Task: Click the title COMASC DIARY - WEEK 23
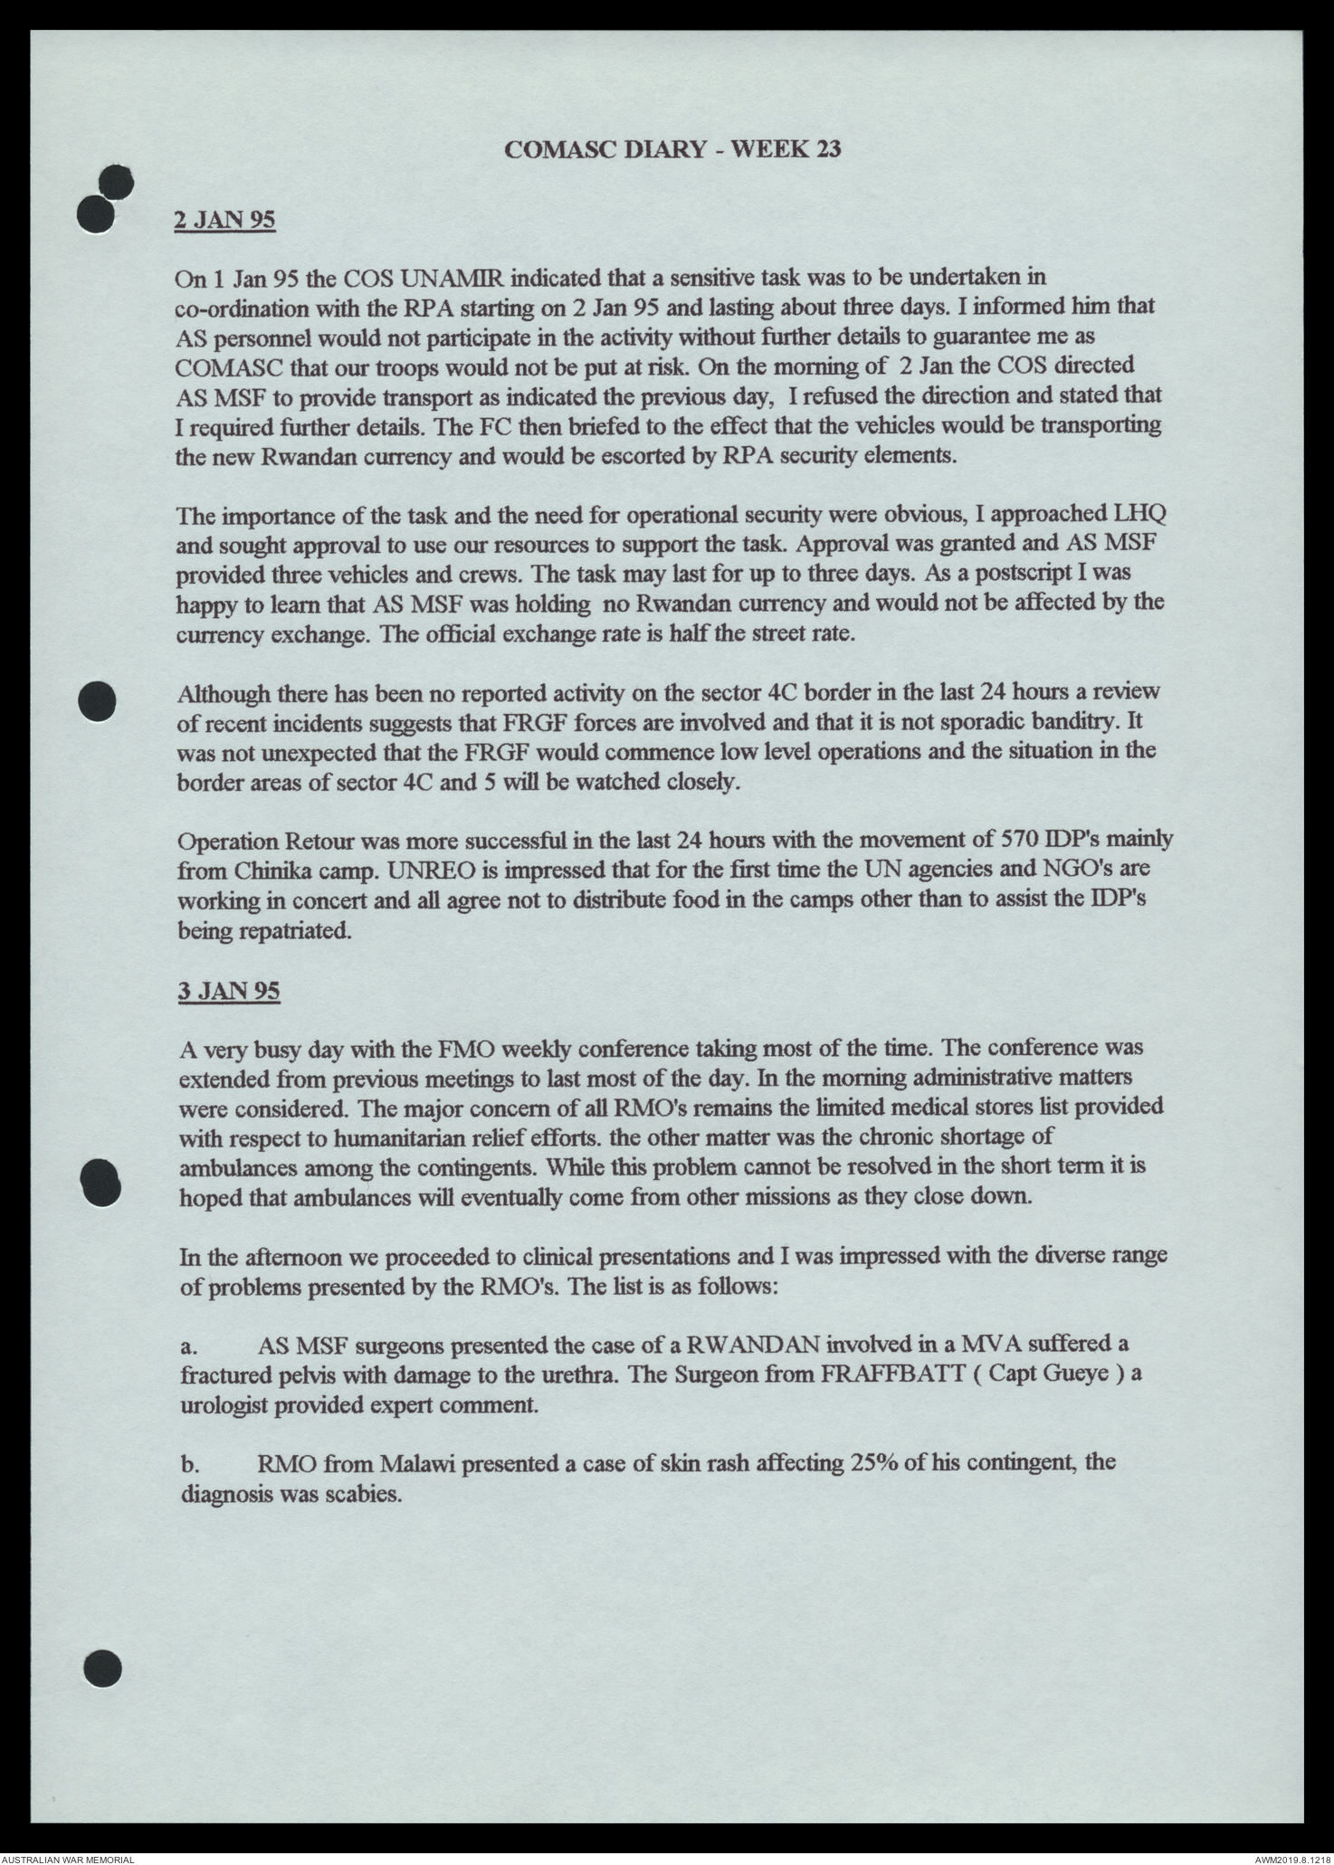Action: pyautogui.click(x=672, y=149)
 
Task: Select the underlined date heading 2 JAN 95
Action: pyautogui.click(x=224, y=221)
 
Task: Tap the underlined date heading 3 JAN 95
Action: pyautogui.click(x=228, y=991)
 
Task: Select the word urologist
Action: pyautogui.click(x=230, y=1405)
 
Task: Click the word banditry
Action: pyautogui.click(x=1066, y=722)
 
